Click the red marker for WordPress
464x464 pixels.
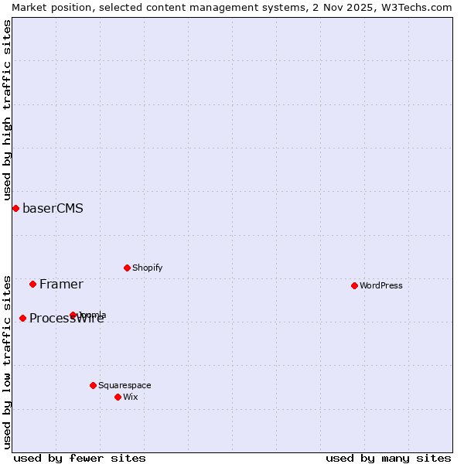(x=354, y=285)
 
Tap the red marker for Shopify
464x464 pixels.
(x=127, y=268)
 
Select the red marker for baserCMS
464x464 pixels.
(x=15, y=208)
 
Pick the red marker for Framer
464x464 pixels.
(x=32, y=284)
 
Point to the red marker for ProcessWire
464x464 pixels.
(x=22, y=318)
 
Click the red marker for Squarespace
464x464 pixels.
(x=93, y=385)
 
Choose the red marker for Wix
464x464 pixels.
(x=118, y=397)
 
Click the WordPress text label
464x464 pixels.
(x=381, y=285)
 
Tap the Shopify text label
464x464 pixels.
(x=148, y=268)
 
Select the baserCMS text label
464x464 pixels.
(x=53, y=208)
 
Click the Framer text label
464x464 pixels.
(x=61, y=284)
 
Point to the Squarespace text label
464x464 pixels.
(x=125, y=385)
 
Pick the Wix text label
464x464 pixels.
(x=131, y=397)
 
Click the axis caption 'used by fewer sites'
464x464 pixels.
(x=80, y=458)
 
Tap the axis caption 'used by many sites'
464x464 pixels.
(x=388, y=458)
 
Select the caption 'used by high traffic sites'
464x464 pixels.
(x=7, y=111)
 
